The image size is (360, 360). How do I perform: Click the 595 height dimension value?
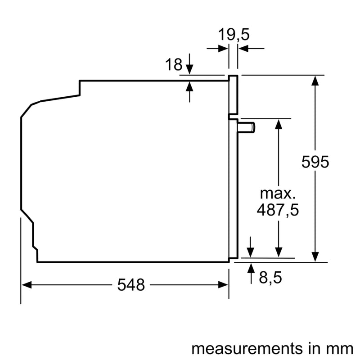pos(315,162)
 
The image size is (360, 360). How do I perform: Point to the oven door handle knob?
pos(248,128)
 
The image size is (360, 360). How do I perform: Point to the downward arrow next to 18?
pos(189,68)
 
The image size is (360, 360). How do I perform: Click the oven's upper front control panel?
pos(233,94)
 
